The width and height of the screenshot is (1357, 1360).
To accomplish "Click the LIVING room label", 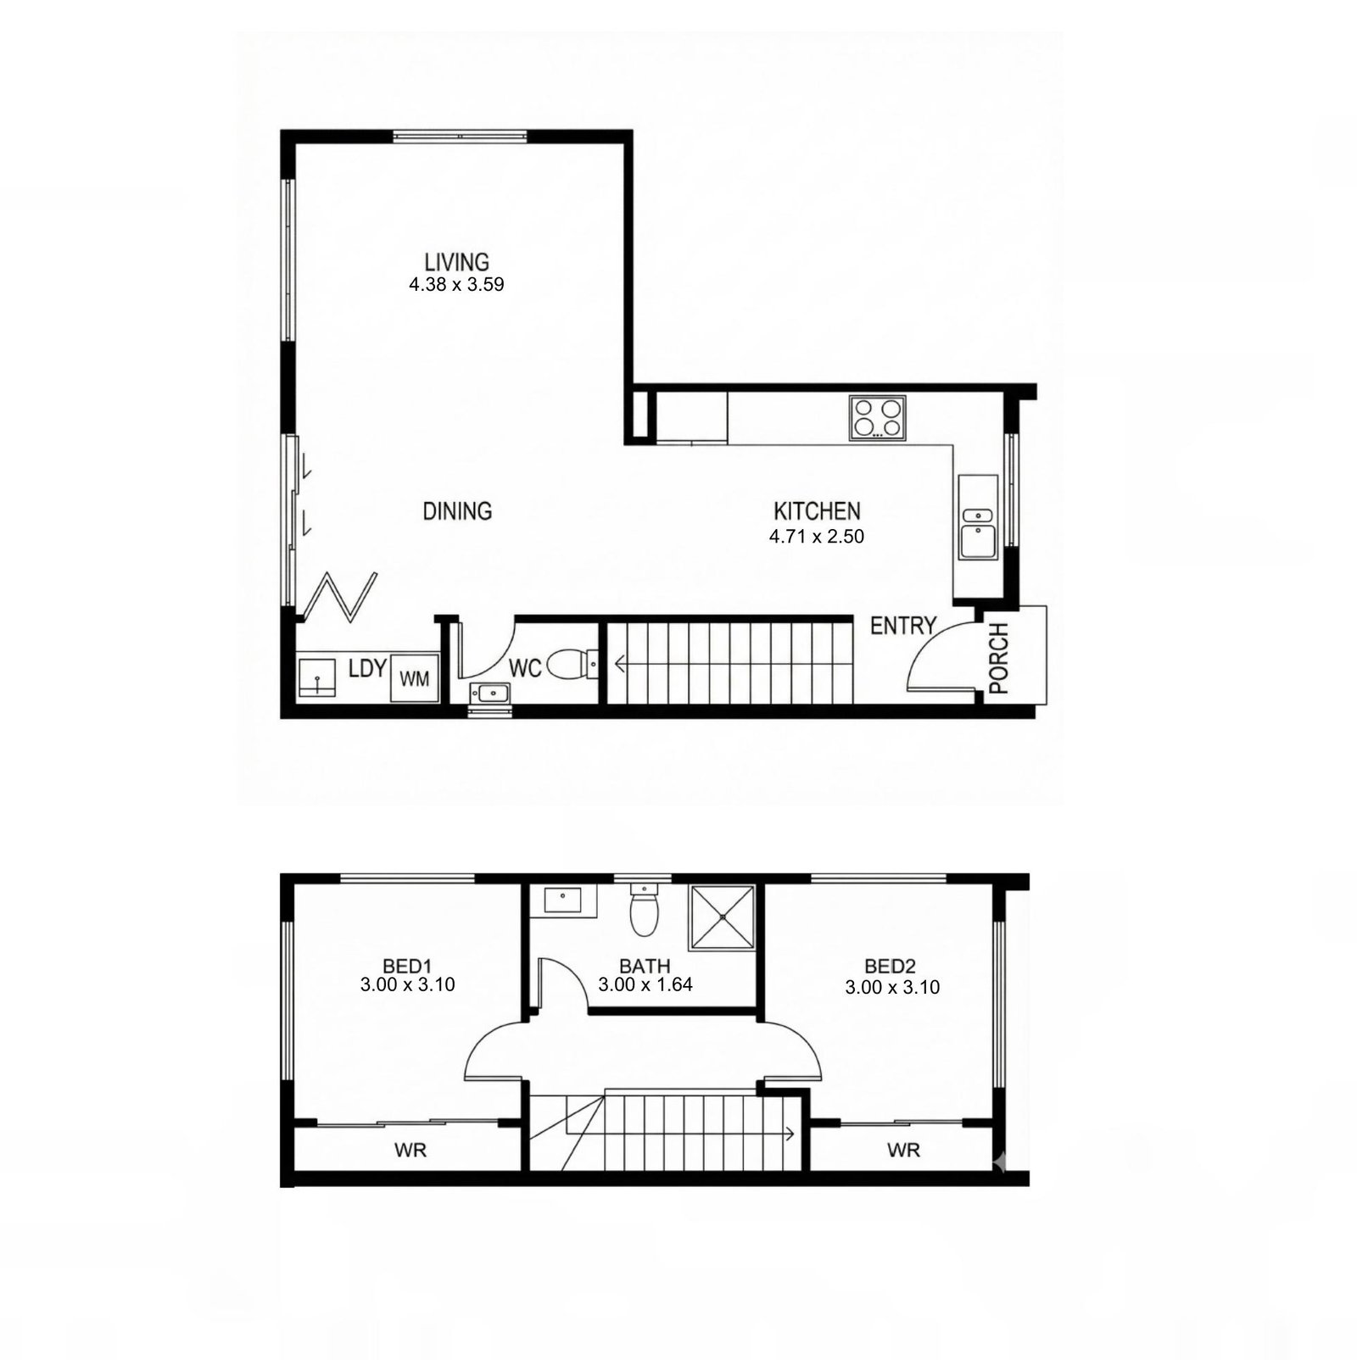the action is pos(457,261).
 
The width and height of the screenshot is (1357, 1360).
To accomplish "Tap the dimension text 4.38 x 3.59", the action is pos(456,285).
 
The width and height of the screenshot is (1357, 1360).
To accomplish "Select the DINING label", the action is pos(457,511).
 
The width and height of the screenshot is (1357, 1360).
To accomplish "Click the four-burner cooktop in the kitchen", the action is pos(878,418).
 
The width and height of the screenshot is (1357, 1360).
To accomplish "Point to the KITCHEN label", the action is pos(817,511).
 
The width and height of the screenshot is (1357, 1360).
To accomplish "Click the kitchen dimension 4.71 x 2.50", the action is pos(817,536).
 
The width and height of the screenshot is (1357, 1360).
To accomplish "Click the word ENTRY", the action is pos(903,627).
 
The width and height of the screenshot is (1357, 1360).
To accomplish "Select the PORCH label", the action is pos(999,658).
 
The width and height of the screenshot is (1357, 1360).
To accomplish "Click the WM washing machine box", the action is pos(415,678).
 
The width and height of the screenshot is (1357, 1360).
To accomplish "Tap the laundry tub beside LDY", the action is pos(316,678).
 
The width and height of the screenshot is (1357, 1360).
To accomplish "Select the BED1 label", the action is pos(408,966).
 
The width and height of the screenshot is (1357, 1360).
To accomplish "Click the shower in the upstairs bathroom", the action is pos(722,917).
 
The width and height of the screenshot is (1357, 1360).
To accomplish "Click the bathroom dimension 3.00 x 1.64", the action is pos(645,984).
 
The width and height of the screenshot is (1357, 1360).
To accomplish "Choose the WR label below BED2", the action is pos(903,1151).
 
